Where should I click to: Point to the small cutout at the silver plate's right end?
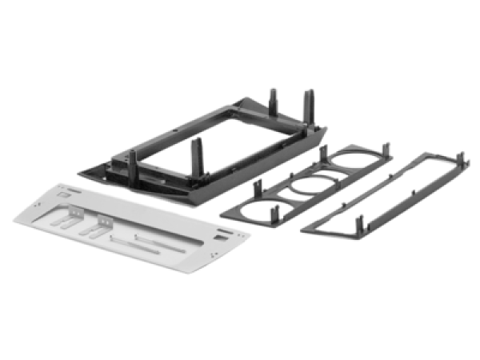(x=219, y=238)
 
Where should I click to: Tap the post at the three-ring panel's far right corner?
(x=388, y=150)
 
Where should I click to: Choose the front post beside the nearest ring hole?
(x=275, y=213)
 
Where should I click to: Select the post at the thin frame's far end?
(x=462, y=158)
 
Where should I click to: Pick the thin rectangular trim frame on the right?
(x=384, y=192)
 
